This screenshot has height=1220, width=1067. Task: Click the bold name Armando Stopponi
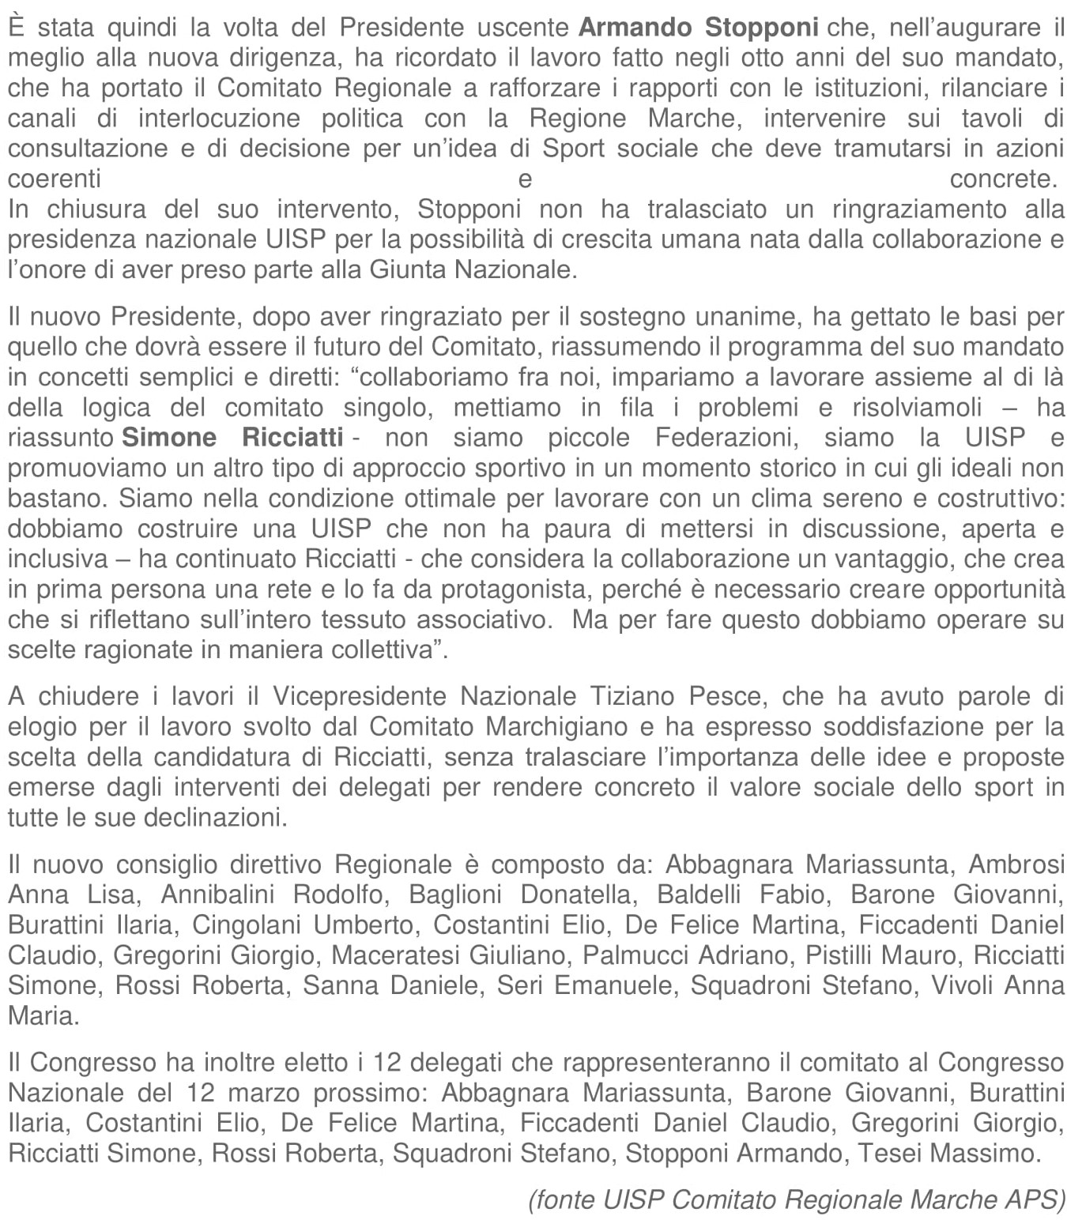tap(699, 28)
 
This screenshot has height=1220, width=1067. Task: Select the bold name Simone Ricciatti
tap(232, 438)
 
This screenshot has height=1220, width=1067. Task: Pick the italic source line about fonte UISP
tap(797, 1199)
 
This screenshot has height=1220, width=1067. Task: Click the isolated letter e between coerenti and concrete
tap(525, 179)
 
